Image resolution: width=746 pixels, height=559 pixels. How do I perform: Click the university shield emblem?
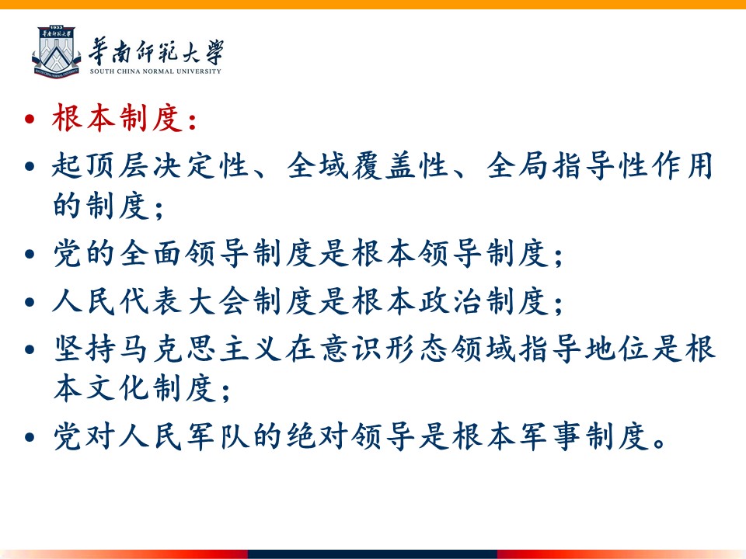56,52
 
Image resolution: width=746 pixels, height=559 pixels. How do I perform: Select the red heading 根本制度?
118,118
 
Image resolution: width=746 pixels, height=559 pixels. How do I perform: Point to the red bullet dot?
30,118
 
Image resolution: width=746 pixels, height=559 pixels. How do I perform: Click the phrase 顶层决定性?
168,166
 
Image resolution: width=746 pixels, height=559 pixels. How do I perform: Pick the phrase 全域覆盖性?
368,166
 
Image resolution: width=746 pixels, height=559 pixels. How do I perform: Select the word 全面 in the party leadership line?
152,253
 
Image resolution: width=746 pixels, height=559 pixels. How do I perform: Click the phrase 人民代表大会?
152,301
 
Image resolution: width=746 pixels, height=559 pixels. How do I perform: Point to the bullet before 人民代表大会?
30,301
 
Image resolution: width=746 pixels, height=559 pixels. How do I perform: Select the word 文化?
118,388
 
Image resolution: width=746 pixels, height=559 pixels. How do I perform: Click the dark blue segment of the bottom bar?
372,554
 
